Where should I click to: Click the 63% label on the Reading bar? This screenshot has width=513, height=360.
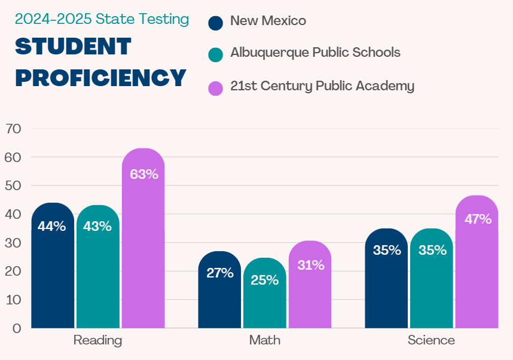pyautogui.click(x=143, y=175)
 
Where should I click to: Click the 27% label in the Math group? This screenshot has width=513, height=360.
pyautogui.click(x=219, y=273)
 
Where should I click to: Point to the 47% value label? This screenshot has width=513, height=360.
pyautogui.click(x=477, y=219)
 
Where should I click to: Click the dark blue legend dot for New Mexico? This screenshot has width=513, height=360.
pyautogui.click(x=215, y=22)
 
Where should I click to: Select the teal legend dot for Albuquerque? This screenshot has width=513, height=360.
pyautogui.click(x=215, y=54)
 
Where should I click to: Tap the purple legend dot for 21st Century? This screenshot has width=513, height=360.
pyautogui.click(x=215, y=87)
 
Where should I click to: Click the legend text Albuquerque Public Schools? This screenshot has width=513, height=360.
pyautogui.click(x=315, y=53)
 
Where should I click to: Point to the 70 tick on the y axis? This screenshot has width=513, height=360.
pyautogui.click(x=13, y=129)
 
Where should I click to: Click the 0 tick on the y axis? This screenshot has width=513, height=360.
pyautogui.click(x=17, y=328)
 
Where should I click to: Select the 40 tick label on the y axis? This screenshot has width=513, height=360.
pyautogui.click(x=13, y=214)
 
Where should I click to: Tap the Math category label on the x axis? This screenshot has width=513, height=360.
pyautogui.click(x=264, y=340)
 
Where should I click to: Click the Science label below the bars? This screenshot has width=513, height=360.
pyautogui.click(x=431, y=340)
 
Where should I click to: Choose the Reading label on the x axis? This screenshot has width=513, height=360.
pyautogui.click(x=97, y=340)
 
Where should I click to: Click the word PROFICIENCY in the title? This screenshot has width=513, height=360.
pyautogui.click(x=100, y=78)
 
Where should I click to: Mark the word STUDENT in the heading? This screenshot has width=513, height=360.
pyautogui.click(x=73, y=47)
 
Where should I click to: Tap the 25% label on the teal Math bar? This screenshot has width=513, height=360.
pyautogui.click(x=264, y=279)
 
